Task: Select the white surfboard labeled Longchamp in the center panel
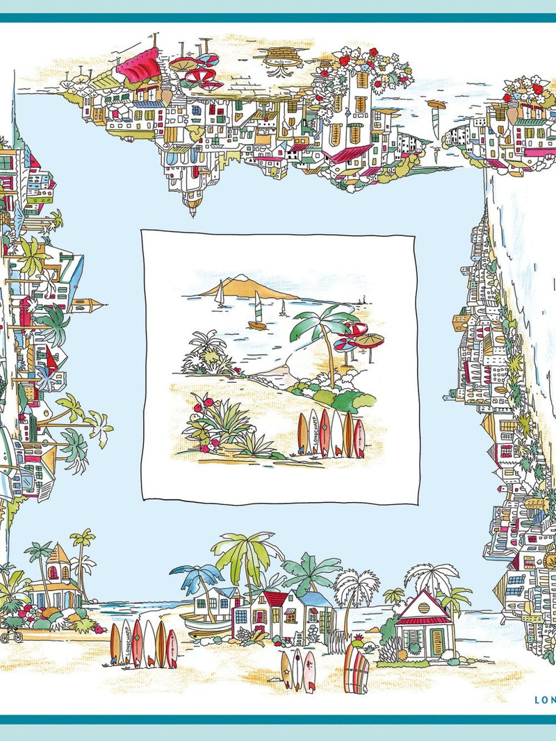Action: click(x=313, y=434)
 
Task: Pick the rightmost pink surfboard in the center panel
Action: click(x=359, y=439)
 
